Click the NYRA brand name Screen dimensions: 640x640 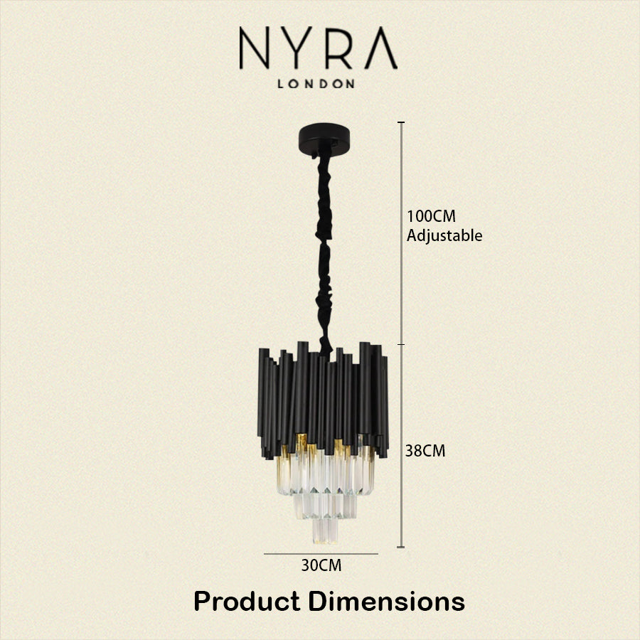point(318,48)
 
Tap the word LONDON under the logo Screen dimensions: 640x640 point(316,84)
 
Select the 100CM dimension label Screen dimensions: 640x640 point(431,216)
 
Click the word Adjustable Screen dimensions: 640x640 point(444,236)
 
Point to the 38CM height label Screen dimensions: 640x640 point(425,451)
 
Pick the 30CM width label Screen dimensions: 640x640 point(321,565)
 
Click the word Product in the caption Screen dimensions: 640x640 point(247,601)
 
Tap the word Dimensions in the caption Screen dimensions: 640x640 point(386,601)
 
